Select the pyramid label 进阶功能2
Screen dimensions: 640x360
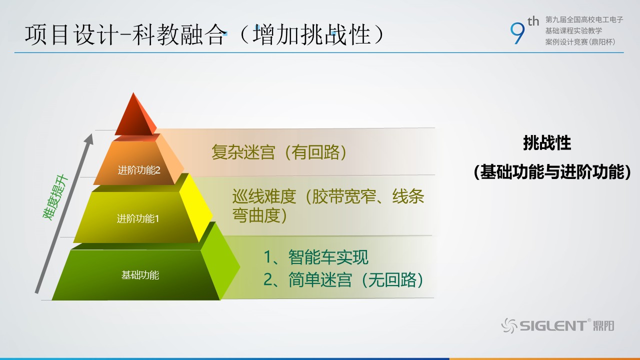pyautogui.click(x=139, y=170)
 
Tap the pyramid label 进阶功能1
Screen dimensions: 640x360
pyautogui.click(x=137, y=219)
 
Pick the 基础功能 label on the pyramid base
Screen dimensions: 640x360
pyautogui.click(x=140, y=275)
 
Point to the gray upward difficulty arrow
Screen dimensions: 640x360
pyautogui.click(x=64, y=213)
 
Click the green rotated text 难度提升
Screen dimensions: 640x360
pyautogui.click(x=55, y=197)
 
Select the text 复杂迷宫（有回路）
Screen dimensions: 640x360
pyautogui.click(x=279, y=152)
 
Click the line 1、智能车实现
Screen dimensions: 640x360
pyautogui.click(x=316, y=257)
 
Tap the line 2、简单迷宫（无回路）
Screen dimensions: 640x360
pyautogui.click(x=343, y=279)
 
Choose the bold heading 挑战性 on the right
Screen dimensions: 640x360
pyautogui.click(x=547, y=143)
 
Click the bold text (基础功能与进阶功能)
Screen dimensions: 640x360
pyautogui.click(x=552, y=172)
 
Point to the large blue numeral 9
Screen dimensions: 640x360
pyautogui.click(x=517, y=33)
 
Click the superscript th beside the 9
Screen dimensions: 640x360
pyautogui.click(x=533, y=21)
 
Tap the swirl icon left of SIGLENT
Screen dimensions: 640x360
pyautogui.click(x=509, y=325)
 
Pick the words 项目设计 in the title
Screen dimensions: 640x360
pyautogui.click(x=71, y=35)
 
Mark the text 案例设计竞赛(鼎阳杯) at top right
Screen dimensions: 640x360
pyautogui.click(x=580, y=42)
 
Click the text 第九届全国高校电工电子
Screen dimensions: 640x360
pyautogui.click(x=584, y=19)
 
